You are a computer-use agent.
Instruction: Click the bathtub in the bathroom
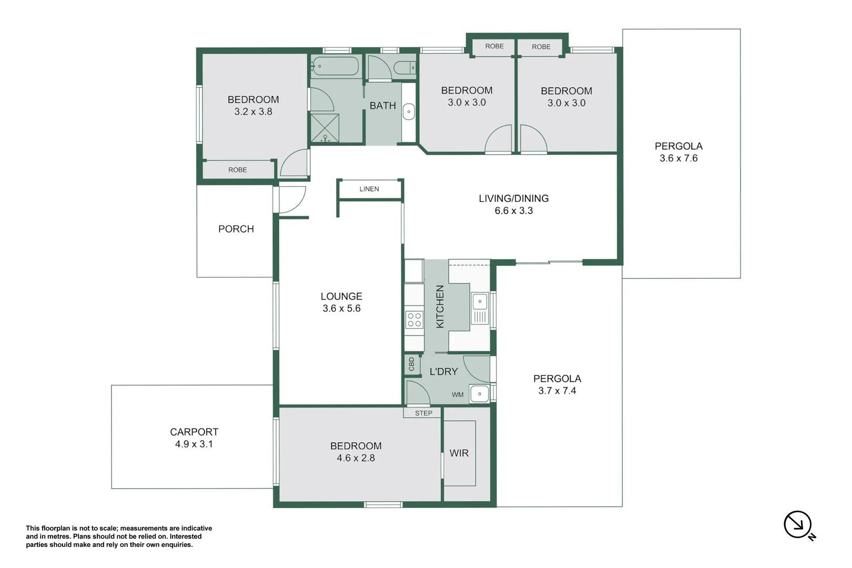pos(335,67)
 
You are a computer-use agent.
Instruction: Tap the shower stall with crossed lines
pos(324,127)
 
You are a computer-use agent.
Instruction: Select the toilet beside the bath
pos(404,68)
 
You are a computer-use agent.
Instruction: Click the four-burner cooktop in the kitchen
pos(414,320)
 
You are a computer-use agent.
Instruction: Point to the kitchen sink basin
pos(480,301)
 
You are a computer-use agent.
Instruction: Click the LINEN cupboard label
pos(369,189)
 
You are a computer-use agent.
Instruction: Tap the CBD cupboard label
pos(412,364)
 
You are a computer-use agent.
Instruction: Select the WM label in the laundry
pos(458,395)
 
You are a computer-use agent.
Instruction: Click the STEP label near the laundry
pos(423,413)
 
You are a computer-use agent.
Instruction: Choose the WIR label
pos(459,453)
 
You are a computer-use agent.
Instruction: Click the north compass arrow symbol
pos(798,524)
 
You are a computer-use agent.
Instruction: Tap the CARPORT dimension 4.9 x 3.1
pos(194,444)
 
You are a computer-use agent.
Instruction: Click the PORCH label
pos(236,229)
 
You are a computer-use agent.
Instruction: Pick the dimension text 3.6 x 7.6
pos(678,158)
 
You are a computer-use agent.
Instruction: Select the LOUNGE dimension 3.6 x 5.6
pos(341,309)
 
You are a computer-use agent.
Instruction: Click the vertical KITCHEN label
pos(440,307)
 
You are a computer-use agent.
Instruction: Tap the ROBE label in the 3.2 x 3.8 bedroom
pos(238,170)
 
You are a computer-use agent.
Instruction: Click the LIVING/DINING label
pos(513,198)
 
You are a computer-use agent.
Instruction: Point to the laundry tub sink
pos(480,393)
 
